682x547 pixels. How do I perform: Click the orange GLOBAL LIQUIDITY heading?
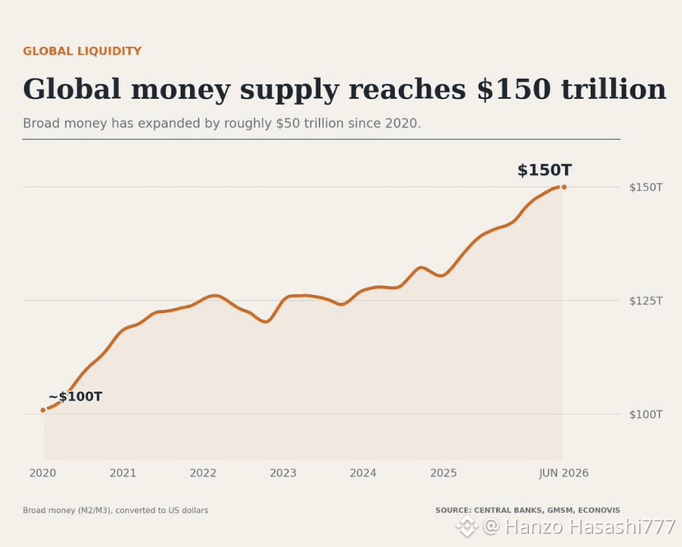82,51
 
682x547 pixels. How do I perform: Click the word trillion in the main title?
613,89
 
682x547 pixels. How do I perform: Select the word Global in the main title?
72,89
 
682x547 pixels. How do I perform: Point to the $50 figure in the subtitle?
288,124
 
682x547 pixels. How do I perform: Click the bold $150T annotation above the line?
545,170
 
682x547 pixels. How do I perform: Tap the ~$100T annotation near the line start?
76,396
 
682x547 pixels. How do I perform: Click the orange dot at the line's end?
564,187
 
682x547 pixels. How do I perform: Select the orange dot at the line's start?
43,409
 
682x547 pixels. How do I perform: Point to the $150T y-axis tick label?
646,187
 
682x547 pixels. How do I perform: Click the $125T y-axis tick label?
646,301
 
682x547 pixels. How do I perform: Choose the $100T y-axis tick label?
646,414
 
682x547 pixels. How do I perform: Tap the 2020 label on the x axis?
43,473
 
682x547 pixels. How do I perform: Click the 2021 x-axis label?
123,473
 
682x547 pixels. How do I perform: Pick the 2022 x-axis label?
203,473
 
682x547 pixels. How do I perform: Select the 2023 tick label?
283,473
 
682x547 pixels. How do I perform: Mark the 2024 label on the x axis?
363,473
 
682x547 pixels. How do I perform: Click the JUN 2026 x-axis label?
564,473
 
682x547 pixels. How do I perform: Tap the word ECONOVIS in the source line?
600,510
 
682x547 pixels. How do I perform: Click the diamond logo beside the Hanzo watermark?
467,526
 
